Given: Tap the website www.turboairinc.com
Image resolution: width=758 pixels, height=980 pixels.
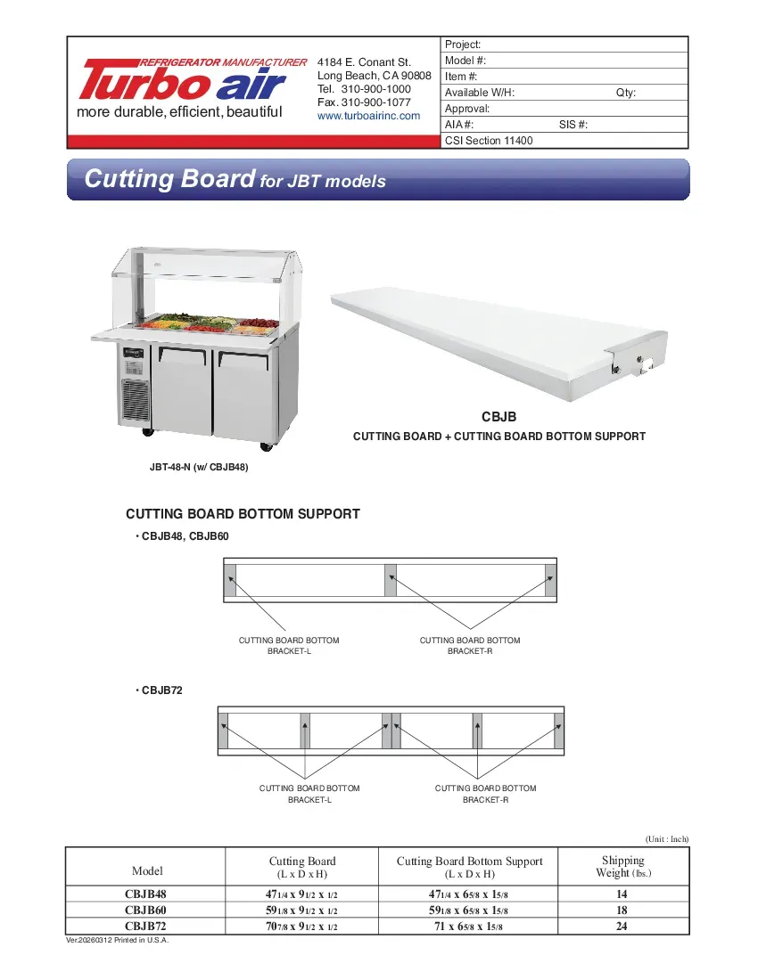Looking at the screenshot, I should (368, 116).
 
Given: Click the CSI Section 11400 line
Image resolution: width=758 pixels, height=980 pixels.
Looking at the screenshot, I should (489, 141).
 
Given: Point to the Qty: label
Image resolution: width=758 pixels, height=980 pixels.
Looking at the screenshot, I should (626, 93).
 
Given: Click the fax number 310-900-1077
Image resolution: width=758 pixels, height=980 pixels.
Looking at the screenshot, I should (364, 102).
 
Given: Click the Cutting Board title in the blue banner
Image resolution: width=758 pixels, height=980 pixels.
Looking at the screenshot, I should (169, 179).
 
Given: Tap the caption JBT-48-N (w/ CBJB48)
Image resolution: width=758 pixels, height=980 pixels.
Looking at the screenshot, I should (198, 467).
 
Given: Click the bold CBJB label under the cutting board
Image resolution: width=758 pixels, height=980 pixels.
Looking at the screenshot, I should (498, 417).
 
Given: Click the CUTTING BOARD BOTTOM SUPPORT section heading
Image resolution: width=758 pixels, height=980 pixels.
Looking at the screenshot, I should (243, 514).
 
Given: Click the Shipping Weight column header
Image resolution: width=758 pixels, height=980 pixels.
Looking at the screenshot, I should (622, 866).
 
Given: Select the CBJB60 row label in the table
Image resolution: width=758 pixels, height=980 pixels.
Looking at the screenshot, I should (146, 911).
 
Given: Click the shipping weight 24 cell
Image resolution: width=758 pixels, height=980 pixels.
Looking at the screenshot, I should (622, 927).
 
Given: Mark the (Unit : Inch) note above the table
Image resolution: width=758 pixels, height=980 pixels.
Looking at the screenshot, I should (666, 839).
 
